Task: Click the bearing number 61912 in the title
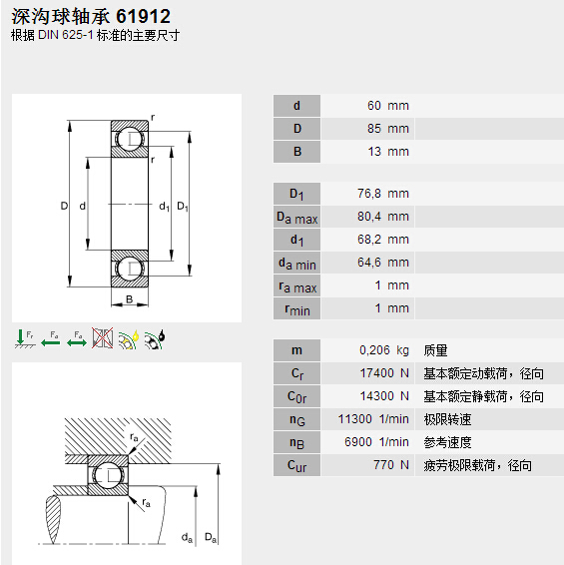coord(143,17)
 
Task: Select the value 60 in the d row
coord(374,106)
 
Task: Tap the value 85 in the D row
coord(374,129)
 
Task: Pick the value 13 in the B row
coord(374,152)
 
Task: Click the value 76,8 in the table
coord(367,194)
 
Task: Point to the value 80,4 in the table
coord(367,217)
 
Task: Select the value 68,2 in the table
coord(367,240)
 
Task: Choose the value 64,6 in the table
coord(367,263)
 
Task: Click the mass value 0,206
coord(374,350)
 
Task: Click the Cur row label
coord(296,465)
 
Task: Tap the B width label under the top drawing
coord(129,299)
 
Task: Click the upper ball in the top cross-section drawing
coord(129,140)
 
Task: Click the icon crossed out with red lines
coord(101,338)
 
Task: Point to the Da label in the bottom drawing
coord(210,538)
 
